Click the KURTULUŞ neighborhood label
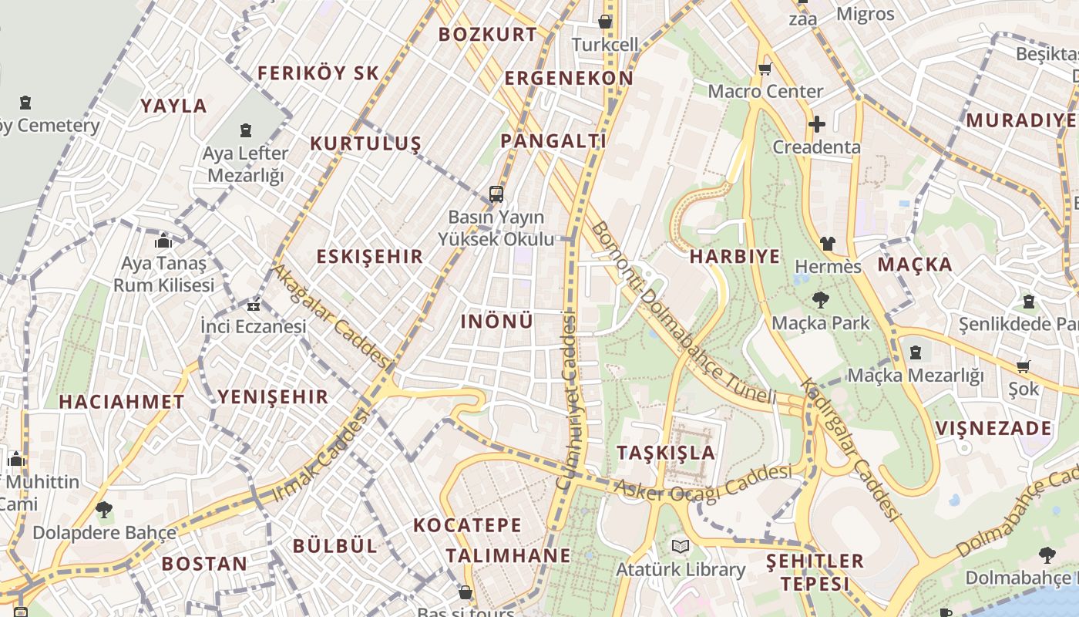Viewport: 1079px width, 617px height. click(x=365, y=143)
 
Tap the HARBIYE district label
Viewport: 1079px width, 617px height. click(x=734, y=257)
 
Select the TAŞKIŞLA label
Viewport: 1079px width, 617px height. click(x=666, y=453)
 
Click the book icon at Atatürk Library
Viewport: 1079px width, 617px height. click(x=680, y=547)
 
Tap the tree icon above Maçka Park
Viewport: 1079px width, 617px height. click(x=820, y=300)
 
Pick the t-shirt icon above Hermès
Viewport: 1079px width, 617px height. click(x=828, y=244)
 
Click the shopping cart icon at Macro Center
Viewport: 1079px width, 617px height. click(x=765, y=69)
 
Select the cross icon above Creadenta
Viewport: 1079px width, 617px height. click(x=817, y=123)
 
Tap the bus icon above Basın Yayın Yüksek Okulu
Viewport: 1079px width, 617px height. click(x=496, y=194)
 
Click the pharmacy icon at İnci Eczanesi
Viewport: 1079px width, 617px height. click(x=254, y=305)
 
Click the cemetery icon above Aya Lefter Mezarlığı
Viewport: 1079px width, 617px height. click(x=246, y=130)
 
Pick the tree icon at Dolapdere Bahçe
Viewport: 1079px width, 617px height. click(x=104, y=509)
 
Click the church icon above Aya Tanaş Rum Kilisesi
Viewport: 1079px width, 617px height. click(x=163, y=241)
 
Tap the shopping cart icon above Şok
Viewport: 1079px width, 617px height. click(x=1023, y=366)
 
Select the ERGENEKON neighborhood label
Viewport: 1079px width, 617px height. click(x=569, y=79)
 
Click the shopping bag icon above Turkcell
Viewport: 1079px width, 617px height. click(x=606, y=22)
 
